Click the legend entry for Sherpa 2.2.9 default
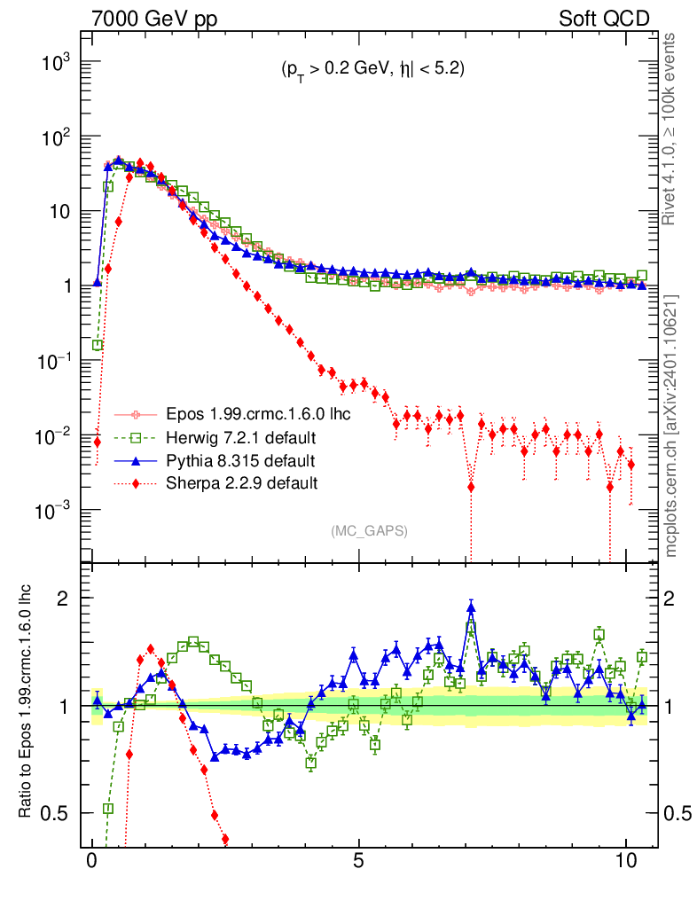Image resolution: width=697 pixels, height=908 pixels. click(x=242, y=483)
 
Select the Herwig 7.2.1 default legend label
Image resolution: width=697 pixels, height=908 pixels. click(x=241, y=438)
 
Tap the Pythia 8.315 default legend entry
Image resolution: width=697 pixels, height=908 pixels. click(x=240, y=461)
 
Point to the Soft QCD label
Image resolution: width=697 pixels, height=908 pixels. click(x=603, y=19)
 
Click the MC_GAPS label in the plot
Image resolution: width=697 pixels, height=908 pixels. click(x=369, y=530)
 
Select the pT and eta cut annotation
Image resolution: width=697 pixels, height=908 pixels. click(x=369, y=69)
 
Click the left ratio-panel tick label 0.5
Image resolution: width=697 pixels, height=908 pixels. click(x=59, y=813)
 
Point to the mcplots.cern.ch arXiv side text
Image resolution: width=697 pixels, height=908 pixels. click(x=671, y=426)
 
